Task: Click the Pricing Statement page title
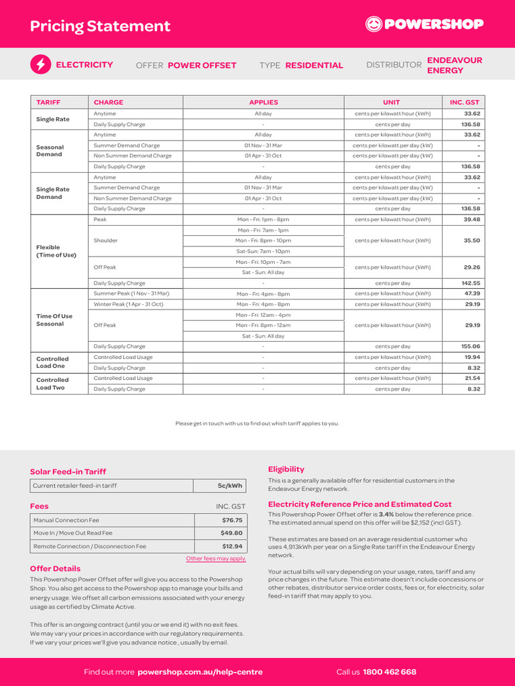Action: [x=100, y=26]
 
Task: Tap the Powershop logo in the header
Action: [x=424, y=24]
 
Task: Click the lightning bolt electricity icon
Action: [x=40, y=64]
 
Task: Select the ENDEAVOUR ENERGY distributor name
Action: [x=454, y=65]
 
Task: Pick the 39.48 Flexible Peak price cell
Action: [x=471, y=219]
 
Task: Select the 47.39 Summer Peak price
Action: [x=471, y=293]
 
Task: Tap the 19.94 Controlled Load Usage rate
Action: [x=471, y=357]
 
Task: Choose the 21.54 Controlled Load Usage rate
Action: [x=471, y=378]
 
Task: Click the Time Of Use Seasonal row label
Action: [x=54, y=320]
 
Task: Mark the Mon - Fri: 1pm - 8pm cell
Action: [x=263, y=219]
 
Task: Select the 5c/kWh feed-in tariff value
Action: [x=229, y=486]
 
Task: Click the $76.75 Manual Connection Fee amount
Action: [x=232, y=520]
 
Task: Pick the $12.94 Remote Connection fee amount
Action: [x=232, y=546]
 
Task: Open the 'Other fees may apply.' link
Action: [x=216, y=558]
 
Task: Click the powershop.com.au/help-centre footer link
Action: [x=200, y=672]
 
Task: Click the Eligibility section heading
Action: [x=286, y=469]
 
